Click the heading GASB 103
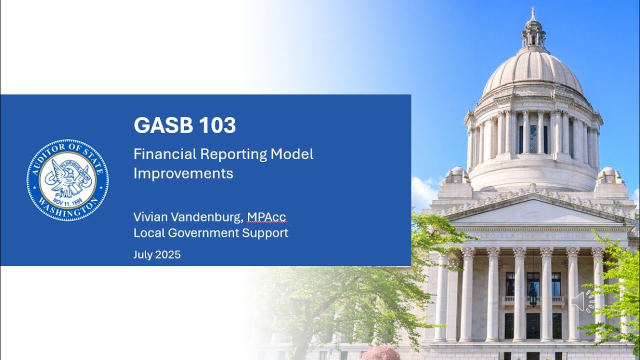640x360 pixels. (184, 126)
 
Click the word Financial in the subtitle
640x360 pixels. (164, 154)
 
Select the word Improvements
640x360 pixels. (183, 173)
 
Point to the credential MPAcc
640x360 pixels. (266, 217)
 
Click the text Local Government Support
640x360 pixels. (210, 233)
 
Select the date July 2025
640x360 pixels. (156, 254)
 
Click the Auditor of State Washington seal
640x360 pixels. (67, 180)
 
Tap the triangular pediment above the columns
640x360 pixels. (533, 210)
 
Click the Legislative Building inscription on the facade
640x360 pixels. (533, 235)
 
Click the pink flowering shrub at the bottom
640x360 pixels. (380, 353)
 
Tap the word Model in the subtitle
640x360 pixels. (292, 154)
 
